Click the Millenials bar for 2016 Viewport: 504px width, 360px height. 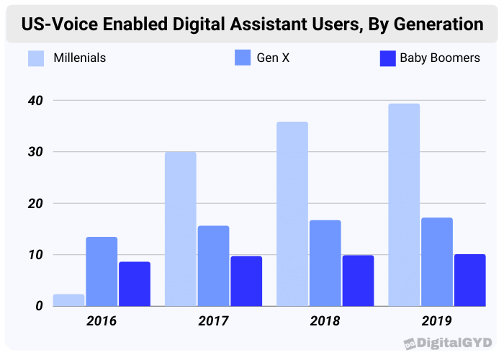coord(69,300)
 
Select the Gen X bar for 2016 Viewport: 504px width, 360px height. coord(102,271)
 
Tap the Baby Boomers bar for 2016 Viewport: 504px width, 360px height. coord(135,284)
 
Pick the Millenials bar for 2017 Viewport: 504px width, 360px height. coord(180,229)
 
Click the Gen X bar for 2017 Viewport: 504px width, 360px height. coord(213,266)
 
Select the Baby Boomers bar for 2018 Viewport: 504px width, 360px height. coord(358,281)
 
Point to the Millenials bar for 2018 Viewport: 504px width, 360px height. coord(292,214)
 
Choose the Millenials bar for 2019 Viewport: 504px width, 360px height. coord(404,205)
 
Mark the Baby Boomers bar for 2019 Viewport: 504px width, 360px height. coord(469,280)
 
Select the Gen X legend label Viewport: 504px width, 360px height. coord(273,58)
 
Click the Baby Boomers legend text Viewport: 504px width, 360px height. coord(439,58)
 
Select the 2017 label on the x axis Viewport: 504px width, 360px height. coord(212,321)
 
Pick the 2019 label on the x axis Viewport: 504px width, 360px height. coord(437,321)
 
